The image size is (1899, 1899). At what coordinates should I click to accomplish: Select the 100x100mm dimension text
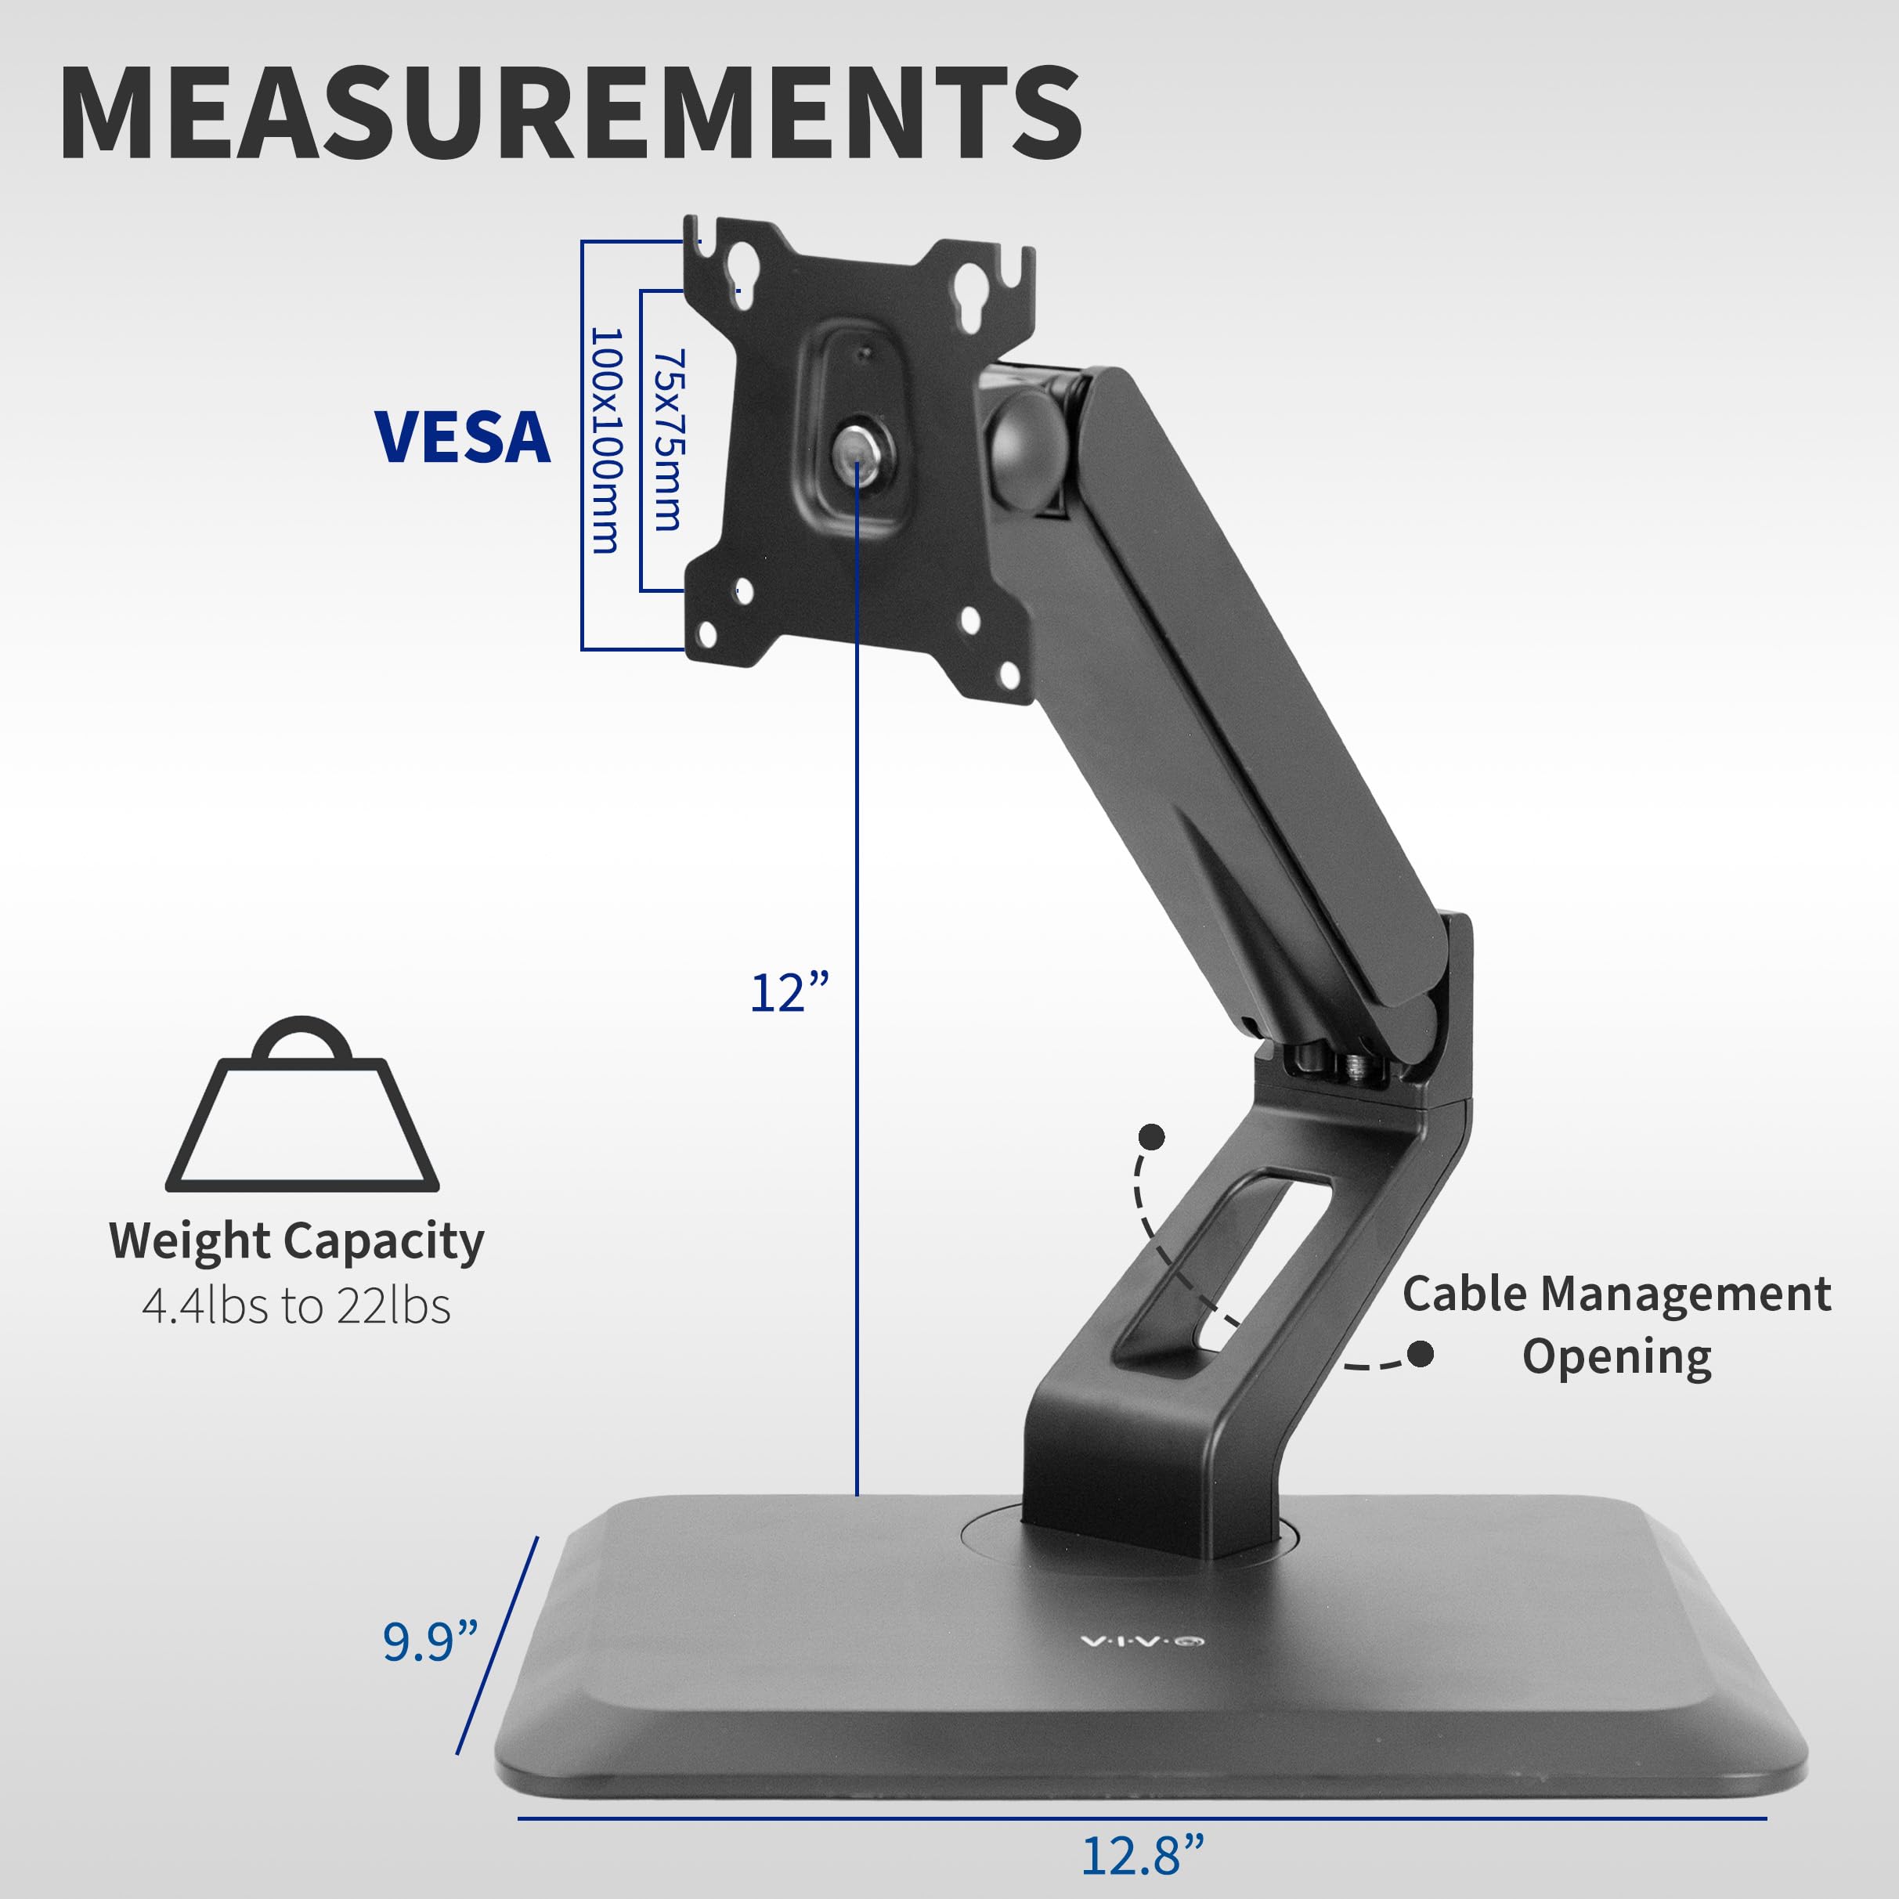pos(605,442)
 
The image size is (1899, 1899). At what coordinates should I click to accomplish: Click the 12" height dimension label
pos(789,993)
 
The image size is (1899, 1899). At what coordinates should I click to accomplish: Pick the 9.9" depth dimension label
pos(430,1641)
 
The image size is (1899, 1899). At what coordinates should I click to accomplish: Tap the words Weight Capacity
pos(296,1240)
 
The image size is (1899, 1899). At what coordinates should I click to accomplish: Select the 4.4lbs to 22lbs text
pos(296,1306)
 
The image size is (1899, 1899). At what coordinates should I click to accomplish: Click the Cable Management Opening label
pos(1616,1324)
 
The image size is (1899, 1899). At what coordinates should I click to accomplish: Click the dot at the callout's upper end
pos(1151,1137)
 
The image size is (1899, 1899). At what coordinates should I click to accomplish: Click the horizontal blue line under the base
pos(1140,1818)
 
